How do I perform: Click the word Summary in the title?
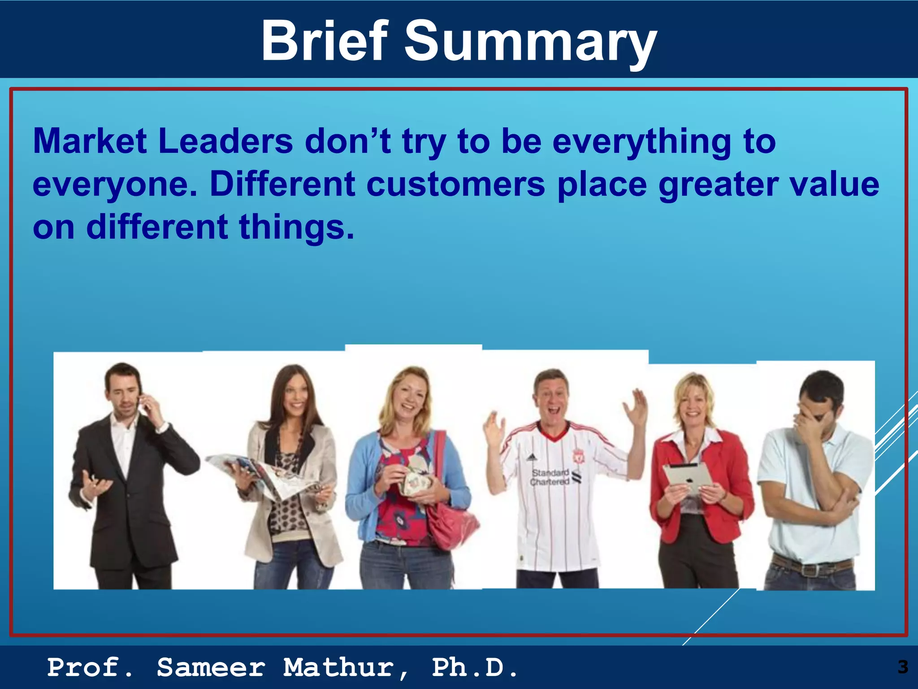(x=530, y=43)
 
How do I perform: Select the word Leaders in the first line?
(x=225, y=141)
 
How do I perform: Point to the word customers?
(x=456, y=184)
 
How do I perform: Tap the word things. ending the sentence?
(x=296, y=227)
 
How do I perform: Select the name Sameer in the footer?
(x=211, y=667)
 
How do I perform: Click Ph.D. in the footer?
(x=475, y=667)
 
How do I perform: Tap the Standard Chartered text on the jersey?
(x=550, y=477)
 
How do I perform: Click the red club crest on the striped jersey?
(x=579, y=457)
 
